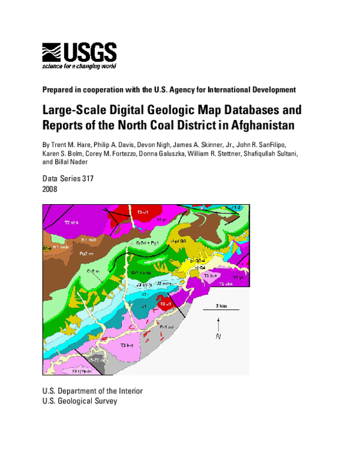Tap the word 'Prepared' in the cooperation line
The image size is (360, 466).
click(x=58, y=90)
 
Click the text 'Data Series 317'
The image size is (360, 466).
click(x=68, y=179)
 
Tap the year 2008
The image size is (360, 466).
click(x=50, y=189)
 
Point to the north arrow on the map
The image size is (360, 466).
click(x=218, y=329)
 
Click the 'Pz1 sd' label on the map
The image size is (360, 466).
click(x=167, y=327)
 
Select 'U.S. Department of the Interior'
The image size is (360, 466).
click(x=92, y=390)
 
